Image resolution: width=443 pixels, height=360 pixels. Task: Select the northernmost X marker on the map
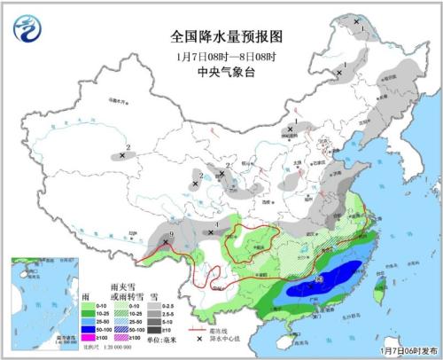pos(357,20)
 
